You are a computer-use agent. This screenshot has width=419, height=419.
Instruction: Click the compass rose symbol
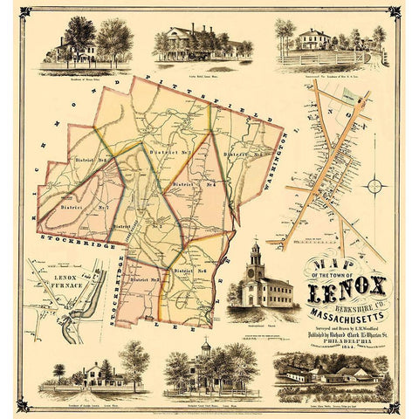(x=374, y=184)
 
